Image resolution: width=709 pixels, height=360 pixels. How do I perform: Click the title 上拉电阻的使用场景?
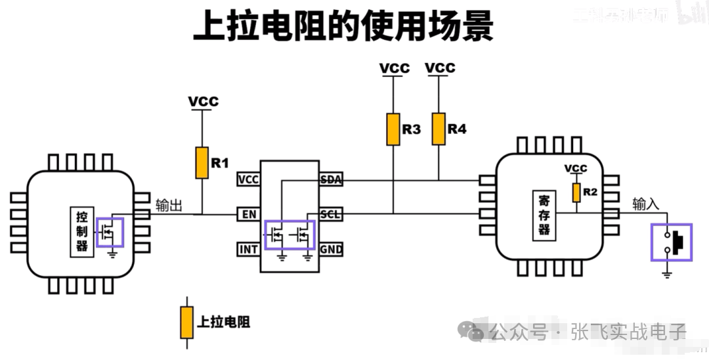[x=343, y=27]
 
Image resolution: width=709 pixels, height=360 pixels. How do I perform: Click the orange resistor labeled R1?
[x=202, y=162]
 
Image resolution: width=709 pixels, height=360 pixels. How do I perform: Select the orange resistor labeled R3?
[x=393, y=129]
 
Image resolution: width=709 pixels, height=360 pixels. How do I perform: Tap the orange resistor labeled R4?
[x=439, y=129]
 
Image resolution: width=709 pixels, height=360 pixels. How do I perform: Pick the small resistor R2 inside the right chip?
[x=576, y=192]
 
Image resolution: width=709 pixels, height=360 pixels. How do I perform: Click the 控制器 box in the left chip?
[x=82, y=231]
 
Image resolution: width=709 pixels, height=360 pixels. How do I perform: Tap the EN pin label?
[x=249, y=214]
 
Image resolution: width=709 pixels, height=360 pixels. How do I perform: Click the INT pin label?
[x=249, y=249]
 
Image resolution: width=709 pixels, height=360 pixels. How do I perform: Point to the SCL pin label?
[x=330, y=214]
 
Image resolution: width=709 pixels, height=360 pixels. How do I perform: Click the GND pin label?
[x=331, y=249]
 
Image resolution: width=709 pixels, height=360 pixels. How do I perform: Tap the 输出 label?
[x=169, y=204]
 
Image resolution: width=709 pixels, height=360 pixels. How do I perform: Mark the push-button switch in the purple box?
[x=671, y=242]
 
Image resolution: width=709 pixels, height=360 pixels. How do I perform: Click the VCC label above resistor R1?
[x=203, y=102]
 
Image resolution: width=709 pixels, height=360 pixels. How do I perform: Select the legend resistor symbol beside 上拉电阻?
[x=188, y=322]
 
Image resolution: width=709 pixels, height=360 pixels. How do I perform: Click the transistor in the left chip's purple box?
[x=110, y=231]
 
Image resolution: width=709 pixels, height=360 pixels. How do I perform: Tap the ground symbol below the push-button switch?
[x=667, y=273]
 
